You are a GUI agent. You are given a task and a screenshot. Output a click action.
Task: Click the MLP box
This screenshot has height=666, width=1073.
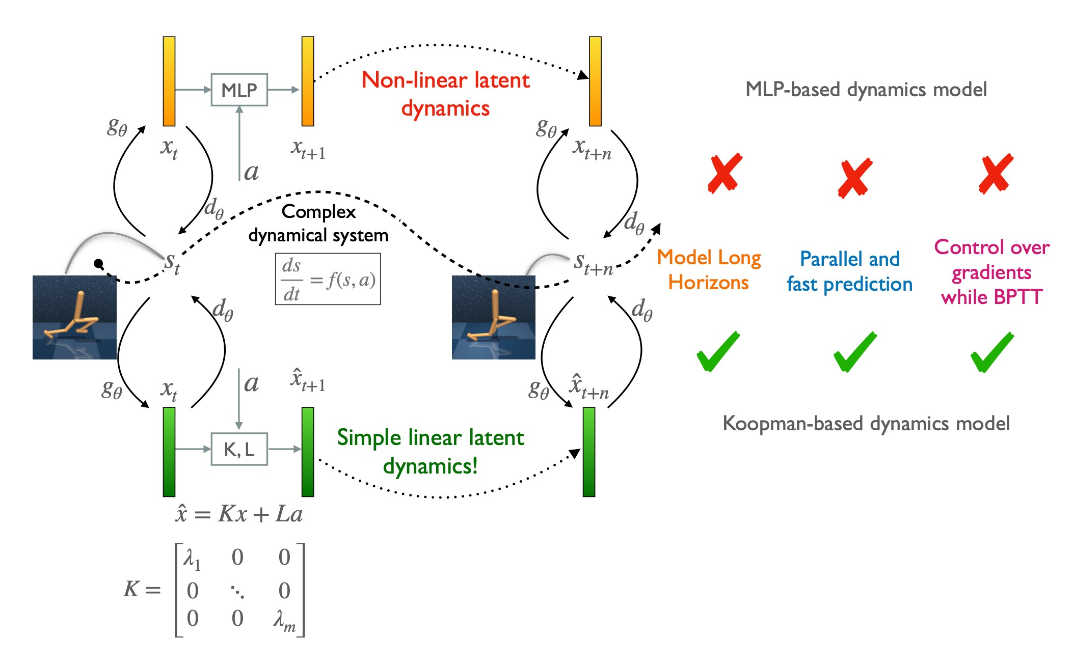(x=239, y=90)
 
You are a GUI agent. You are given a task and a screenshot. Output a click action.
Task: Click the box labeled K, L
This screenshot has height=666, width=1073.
(x=239, y=449)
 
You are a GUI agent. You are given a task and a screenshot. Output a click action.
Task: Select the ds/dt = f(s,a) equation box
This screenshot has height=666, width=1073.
(x=328, y=279)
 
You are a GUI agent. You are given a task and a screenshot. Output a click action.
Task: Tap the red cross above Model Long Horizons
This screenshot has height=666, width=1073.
(x=725, y=174)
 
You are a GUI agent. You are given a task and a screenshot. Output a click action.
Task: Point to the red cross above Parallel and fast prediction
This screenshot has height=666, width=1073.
(x=855, y=178)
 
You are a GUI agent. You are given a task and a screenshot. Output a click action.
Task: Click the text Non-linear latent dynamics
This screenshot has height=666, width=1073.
(x=445, y=94)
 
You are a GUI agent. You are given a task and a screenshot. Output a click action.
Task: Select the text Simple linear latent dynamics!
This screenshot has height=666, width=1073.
(x=431, y=452)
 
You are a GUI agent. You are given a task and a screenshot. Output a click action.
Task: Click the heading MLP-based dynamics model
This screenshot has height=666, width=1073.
(x=866, y=90)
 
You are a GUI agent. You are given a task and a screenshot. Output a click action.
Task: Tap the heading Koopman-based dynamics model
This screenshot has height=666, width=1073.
(x=866, y=424)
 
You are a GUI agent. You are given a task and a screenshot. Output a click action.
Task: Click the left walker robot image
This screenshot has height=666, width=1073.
(x=74, y=317)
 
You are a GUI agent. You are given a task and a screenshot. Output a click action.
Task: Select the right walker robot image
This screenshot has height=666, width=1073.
(x=493, y=317)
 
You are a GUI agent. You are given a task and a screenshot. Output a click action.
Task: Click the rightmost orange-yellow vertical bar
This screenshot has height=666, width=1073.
(x=595, y=81)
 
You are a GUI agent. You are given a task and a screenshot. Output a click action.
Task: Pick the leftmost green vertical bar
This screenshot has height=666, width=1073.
(x=169, y=452)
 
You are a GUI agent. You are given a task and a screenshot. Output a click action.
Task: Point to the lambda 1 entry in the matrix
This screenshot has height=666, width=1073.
(x=193, y=559)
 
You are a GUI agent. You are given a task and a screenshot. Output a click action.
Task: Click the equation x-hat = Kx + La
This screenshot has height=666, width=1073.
(x=238, y=514)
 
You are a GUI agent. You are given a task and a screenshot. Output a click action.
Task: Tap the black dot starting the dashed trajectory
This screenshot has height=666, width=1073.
(x=99, y=263)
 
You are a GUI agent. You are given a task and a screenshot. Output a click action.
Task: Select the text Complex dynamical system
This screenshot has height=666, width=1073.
(x=318, y=224)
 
